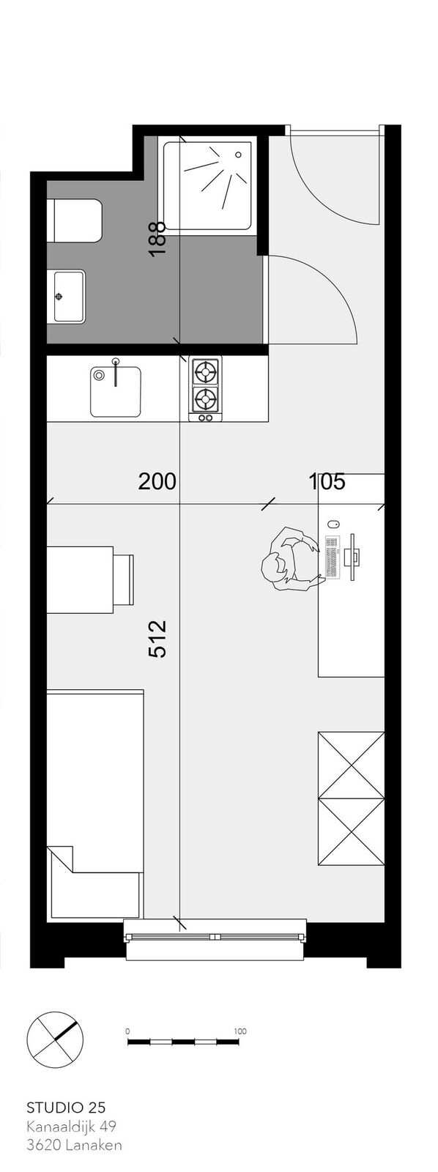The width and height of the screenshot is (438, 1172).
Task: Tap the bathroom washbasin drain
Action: tap(59, 296)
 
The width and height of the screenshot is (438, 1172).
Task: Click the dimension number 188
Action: tap(157, 238)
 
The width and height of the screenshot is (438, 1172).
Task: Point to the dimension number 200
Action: tap(157, 481)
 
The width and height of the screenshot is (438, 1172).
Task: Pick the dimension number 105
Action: tap(327, 481)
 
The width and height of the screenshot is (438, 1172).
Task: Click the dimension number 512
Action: tap(157, 638)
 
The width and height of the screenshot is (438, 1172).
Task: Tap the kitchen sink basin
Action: tap(116, 391)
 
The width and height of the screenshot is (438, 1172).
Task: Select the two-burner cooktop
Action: tap(205, 389)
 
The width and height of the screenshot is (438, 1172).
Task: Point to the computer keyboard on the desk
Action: tap(333, 557)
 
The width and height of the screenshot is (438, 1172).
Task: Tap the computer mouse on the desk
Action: tap(333, 524)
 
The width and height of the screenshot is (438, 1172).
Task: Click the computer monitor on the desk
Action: tap(354, 556)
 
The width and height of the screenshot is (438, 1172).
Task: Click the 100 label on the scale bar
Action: tap(240, 1017)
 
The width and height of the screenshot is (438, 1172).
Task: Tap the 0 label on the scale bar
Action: tap(128, 1017)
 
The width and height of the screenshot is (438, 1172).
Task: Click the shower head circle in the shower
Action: tap(239, 155)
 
